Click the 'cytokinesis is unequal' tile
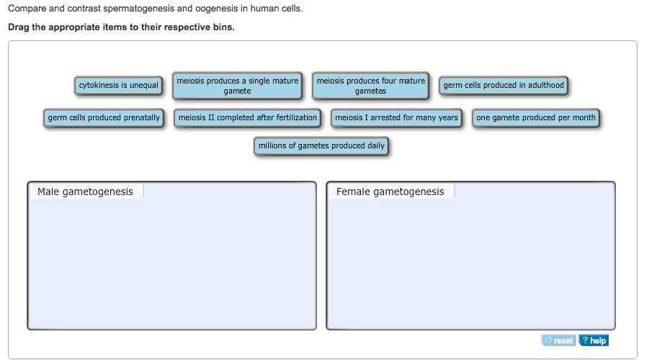pos(119,86)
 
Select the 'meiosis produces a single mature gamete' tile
pos(237,86)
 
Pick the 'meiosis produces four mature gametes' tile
pos(370,86)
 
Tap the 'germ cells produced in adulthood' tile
pos(503,86)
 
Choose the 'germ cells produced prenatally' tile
pos(104,118)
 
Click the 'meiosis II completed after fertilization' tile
pos(247,118)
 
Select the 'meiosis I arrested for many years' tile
pos(396,118)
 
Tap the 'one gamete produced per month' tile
pos(535,118)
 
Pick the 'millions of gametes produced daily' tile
pos(321,146)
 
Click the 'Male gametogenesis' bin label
pos(85,192)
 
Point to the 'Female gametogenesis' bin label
pos(390,192)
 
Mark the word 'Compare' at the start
pos(27,9)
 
